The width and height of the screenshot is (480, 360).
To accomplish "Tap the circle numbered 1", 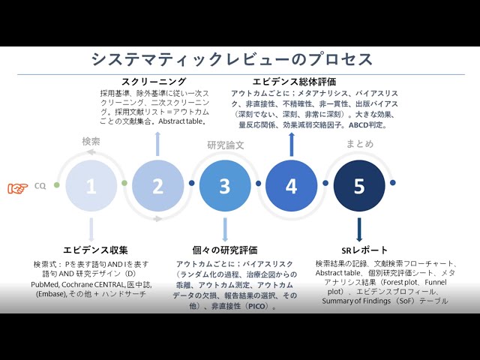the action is tap(91, 186).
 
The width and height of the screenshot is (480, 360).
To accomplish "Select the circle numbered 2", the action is tap(157, 186).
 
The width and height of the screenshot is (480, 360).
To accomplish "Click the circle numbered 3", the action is tap(224, 186).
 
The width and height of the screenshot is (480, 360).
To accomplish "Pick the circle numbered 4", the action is tap(292, 186).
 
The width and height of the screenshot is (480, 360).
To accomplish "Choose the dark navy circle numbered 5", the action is tap(359, 186).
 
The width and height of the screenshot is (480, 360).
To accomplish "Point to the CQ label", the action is tap(40, 187).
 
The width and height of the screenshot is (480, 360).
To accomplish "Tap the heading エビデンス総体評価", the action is tap(294, 82).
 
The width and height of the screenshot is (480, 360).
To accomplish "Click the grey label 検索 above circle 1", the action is tap(91, 141).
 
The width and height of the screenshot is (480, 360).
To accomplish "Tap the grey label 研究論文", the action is tap(225, 145).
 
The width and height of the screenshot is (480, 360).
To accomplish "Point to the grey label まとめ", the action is tap(359, 143).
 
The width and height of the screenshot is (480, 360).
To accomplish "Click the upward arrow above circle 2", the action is tap(157, 142).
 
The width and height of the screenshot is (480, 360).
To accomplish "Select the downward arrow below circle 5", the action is tap(359, 229).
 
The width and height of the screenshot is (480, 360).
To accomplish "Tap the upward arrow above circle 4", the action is tap(292, 142).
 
